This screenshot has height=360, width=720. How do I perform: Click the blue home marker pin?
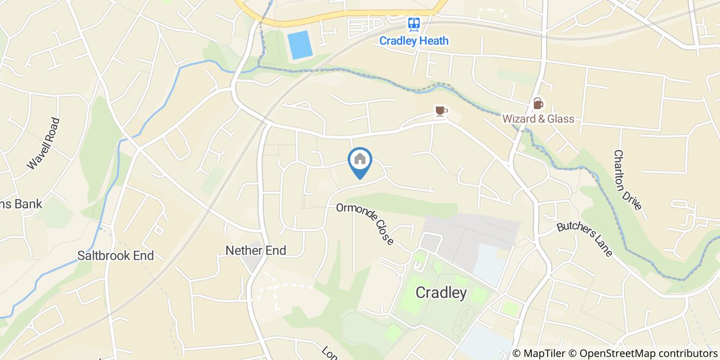click(x=360, y=161)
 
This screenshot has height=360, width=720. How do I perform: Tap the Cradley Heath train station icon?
click(x=414, y=24)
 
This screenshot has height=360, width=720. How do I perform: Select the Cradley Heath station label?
click(x=414, y=41)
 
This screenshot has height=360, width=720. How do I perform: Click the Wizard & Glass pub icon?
click(x=537, y=103)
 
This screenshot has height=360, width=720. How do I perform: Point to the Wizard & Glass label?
click(x=538, y=119)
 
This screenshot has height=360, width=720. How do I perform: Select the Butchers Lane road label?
click(x=585, y=239)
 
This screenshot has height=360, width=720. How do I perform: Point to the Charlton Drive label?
click(x=627, y=180)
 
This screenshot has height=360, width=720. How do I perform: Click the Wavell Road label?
click(x=44, y=143)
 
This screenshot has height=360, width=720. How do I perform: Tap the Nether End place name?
click(x=256, y=250)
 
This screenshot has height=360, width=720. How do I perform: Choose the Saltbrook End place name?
click(x=116, y=256)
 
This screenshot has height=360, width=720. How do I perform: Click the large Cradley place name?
click(x=441, y=293)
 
